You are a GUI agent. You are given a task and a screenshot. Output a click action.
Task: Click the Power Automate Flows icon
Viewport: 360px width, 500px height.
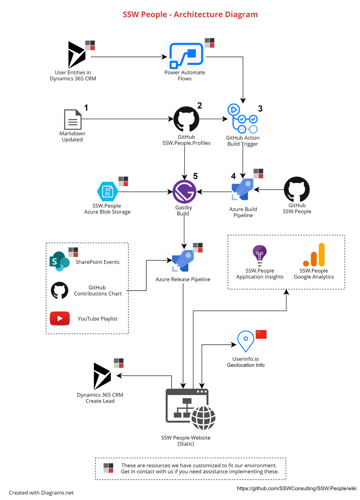186,56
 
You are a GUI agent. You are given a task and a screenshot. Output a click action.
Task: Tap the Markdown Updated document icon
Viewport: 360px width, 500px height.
73,119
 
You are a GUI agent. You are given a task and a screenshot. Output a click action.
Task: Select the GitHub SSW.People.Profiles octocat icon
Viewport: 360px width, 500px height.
186,119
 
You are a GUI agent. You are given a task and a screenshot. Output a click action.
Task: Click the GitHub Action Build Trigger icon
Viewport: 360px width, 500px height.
243,119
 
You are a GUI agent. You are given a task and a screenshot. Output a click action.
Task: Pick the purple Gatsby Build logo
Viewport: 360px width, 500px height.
184,192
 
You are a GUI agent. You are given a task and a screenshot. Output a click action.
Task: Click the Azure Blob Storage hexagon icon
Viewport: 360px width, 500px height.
108,191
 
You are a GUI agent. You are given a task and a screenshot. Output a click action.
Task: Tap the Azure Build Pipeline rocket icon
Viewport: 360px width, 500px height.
243,189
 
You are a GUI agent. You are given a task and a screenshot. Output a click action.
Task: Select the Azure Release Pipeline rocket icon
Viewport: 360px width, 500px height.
183,261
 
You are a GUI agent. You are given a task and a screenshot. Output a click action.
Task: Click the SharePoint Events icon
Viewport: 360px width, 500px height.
59,261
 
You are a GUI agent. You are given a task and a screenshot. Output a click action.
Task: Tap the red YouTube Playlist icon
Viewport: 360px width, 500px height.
60,318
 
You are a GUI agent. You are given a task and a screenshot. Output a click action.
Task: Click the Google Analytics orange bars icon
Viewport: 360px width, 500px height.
314,255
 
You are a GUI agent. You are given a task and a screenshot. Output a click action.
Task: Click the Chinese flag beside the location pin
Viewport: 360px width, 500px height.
261,334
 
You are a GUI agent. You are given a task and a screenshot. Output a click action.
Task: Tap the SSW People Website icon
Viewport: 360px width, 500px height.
190,409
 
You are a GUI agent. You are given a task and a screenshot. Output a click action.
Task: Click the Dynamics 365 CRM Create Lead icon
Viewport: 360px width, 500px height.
102,376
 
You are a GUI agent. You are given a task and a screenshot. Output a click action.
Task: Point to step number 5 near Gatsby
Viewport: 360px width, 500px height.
195,176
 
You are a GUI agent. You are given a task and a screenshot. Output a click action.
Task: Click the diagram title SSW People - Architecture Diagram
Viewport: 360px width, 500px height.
190,14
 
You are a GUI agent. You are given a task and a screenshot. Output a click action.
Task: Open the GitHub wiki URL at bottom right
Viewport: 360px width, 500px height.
296,488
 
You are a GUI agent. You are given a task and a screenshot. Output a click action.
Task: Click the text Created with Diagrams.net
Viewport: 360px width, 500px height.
41,493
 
